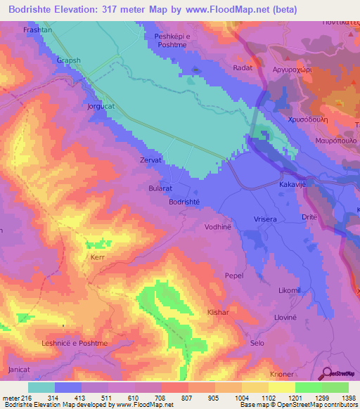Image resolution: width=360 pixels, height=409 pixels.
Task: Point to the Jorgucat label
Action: pos(101,106)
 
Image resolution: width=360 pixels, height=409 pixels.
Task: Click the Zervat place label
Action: pos(151,160)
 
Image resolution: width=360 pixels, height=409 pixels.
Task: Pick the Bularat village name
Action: pos(162,189)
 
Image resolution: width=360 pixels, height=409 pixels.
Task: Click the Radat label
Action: pos(241,68)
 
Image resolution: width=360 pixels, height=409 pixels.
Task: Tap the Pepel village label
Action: pos(233,276)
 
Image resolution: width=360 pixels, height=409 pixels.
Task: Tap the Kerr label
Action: pos(97,259)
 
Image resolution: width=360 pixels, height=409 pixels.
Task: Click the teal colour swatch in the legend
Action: pos(41,387)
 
